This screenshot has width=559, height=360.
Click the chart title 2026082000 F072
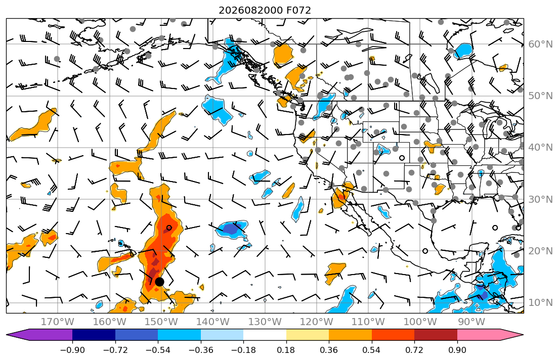(x=265, y=10)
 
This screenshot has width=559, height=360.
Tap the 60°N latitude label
(x=540, y=44)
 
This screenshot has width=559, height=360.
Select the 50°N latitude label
(x=540, y=96)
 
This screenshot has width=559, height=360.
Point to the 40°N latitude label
(x=540, y=148)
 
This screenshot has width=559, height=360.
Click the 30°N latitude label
(x=540, y=199)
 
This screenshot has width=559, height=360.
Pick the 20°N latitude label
(x=540, y=251)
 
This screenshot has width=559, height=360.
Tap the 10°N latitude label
(x=540, y=303)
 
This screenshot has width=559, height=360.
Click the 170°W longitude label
(x=58, y=322)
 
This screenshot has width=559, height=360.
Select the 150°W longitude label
(x=161, y=322)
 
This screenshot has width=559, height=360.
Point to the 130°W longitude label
(x=265, y=322)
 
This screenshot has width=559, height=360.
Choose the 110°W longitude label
(x=368, y=322)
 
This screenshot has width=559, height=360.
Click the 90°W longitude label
(x=471, y=322)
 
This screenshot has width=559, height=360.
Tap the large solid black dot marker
(x=159, y=282)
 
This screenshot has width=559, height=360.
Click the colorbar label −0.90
(x=72, y=350)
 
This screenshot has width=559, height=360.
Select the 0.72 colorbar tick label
(x=414, y=350)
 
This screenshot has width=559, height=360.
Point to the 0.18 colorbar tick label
(x=286, y=350)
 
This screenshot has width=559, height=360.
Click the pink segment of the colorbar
(x=479, y=335)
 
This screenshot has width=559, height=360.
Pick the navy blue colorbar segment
(x=94, y=335)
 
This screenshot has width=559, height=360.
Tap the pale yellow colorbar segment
(x=307, y=335)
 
